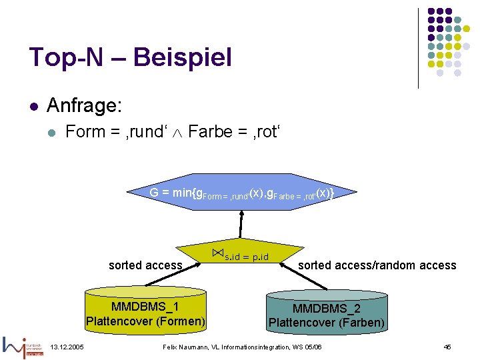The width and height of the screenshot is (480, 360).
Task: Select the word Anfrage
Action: [83, 105]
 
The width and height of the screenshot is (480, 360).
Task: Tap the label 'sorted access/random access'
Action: [377, 265]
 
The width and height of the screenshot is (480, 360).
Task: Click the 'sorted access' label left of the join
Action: [145, 265]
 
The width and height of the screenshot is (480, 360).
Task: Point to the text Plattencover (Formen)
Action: [145, 321]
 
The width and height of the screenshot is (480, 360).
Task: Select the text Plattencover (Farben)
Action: [327, 323]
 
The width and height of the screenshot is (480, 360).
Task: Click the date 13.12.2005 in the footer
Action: [67, 347]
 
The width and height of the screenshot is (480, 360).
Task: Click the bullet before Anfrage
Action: [33, 105]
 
